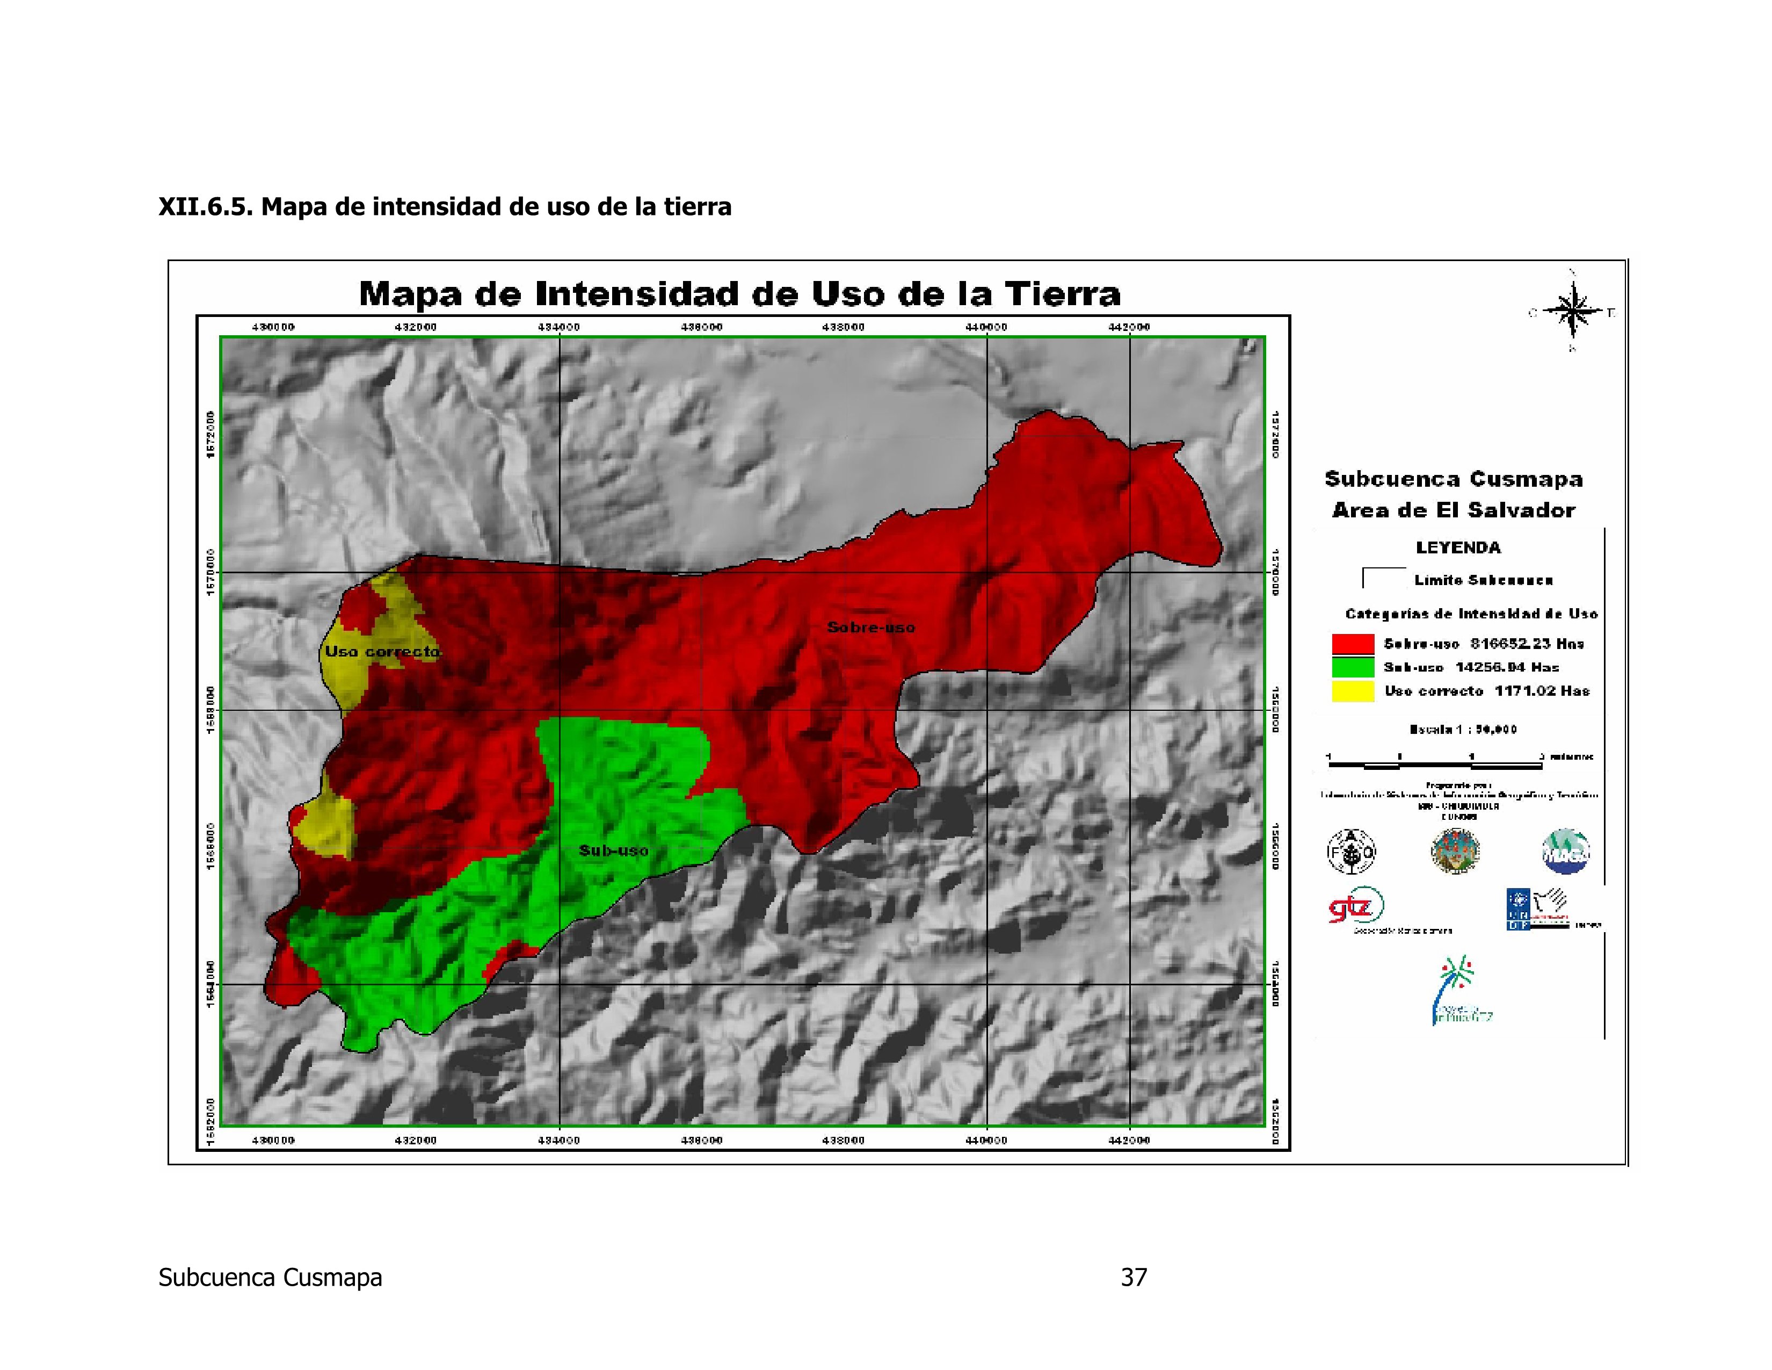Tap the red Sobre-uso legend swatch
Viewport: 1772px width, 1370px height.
click(x=1353, y=644)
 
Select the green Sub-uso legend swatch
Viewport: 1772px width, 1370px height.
click(x=1353, y=667)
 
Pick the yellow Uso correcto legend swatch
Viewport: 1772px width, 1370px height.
click(x=1353, y=691)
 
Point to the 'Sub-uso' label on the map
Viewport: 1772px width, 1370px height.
click(x=613, y=850)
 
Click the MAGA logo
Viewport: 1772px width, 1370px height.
click(x=1565, y=852)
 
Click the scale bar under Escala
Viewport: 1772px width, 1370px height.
click(x=1434, y=763)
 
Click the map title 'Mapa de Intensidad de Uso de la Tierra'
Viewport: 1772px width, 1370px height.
click(x=739, y=294)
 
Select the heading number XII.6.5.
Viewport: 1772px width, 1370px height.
click(x=205, y=207)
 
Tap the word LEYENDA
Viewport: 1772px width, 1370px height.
click(x=1458, y=548)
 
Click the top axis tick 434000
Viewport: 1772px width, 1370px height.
click(x=559, y=327)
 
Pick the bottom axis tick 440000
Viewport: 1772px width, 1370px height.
click(x=986, y=1140)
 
